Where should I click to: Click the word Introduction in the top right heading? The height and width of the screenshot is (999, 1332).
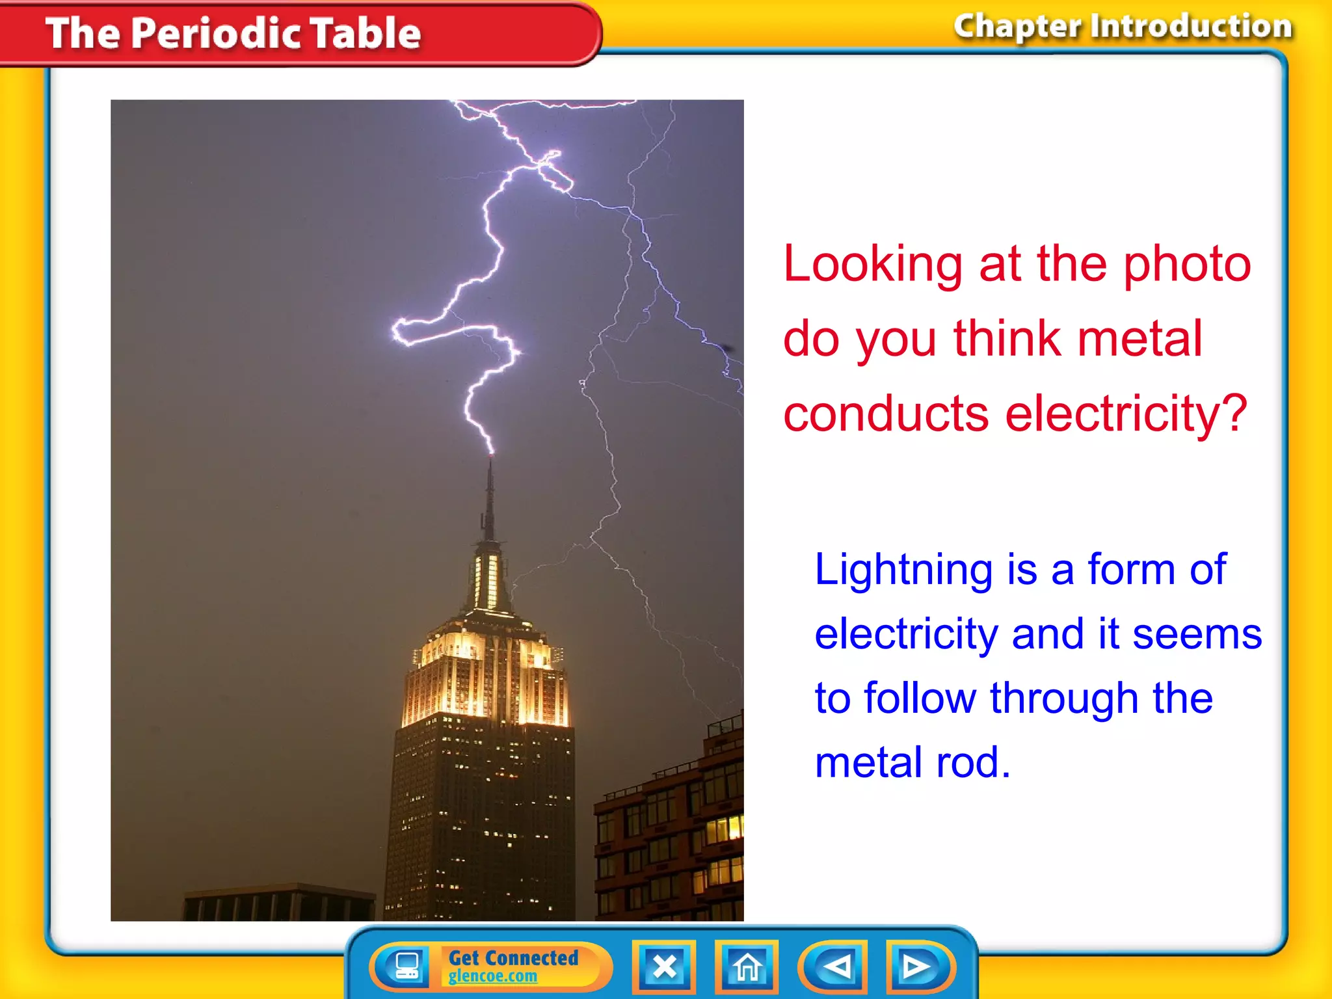pyautogui.click(x=1191, y=27)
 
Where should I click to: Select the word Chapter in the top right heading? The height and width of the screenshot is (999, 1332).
pyautogui.click(x=1017, y=27)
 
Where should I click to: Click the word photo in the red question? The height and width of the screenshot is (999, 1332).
pyautogui.click(x=1187, y=265)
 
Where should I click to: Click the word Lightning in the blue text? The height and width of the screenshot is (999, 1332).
pyautogui.click(x=903, y=570)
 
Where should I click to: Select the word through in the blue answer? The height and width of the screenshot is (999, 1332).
pyautogui.click(x=1064, y=699)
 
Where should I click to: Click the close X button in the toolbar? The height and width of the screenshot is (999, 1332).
pyautogui.click(x=664, y=967)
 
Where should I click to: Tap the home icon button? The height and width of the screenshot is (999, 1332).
pyautogui.click(x=747, y=967)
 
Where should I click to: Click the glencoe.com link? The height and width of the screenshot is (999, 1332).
pyautogui.click(x=492, y=976)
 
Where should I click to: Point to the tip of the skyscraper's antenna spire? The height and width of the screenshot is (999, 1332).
pyautogui.click(x=490, y=459)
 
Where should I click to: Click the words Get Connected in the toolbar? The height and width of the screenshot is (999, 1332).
pyautogui.click(x=513, y=957)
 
